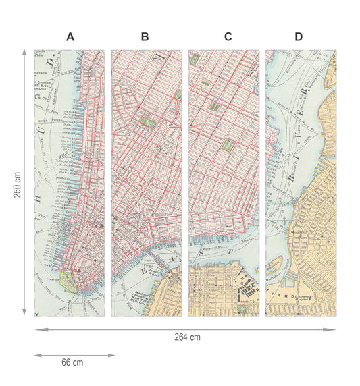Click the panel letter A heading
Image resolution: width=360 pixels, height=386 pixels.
pos(70,37)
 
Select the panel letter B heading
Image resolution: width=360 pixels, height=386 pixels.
pos(145,37)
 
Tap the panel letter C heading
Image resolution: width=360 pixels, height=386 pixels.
pos(228,37)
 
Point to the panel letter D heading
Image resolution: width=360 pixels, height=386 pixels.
pos(299,37)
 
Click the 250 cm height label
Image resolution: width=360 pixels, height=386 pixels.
pos(17,182)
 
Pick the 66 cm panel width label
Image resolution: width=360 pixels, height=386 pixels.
pos(72,362)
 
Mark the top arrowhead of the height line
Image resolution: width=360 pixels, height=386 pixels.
pos(25,51)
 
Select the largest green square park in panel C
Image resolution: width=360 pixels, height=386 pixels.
pos(228,145)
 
